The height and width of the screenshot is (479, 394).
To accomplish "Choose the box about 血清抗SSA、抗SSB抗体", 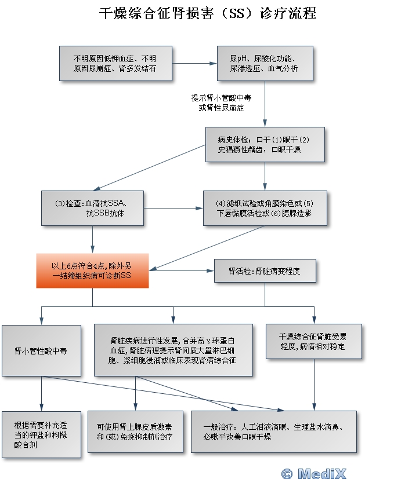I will coord(92,208).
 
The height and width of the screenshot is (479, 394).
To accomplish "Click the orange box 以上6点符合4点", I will coord(92,270).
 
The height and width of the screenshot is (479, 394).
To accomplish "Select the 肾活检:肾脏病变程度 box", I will coord(265,270).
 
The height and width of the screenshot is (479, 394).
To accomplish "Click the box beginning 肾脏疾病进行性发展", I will coord(173,350).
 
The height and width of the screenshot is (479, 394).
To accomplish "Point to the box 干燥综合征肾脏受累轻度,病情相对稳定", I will coord(314,341).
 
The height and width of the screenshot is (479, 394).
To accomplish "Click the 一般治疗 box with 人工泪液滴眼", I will coord(274,432).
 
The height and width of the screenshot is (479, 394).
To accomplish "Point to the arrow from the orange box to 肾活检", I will coord(181,270).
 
